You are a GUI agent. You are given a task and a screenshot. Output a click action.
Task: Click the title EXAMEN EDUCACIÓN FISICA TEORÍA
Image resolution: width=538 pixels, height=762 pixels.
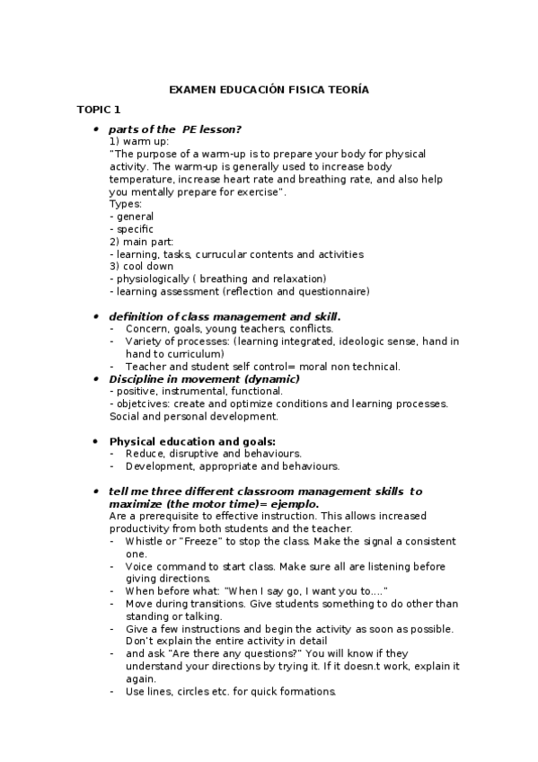(269, 90)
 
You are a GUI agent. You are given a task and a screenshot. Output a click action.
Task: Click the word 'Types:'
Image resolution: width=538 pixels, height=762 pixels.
(126, 204)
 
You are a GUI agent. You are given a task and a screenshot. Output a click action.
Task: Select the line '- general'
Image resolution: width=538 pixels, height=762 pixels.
(131, 217)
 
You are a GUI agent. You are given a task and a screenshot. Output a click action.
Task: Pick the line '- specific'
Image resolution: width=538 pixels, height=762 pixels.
(131, 229)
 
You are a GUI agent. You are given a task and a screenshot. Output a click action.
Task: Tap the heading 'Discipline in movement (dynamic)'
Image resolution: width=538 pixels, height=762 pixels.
(205, 378)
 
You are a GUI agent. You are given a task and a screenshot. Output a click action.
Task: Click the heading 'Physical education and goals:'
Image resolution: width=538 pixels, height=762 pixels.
(192, 441)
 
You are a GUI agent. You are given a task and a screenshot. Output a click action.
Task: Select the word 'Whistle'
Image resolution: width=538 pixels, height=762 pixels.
(145, 542)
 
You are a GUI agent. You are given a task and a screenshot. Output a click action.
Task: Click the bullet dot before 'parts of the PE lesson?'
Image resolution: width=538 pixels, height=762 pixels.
(97, 129)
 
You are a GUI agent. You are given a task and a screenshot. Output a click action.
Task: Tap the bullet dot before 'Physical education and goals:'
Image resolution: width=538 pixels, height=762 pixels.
(97, 442)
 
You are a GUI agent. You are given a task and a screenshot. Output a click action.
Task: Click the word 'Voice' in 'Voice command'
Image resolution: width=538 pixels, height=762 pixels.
(139, 567)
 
